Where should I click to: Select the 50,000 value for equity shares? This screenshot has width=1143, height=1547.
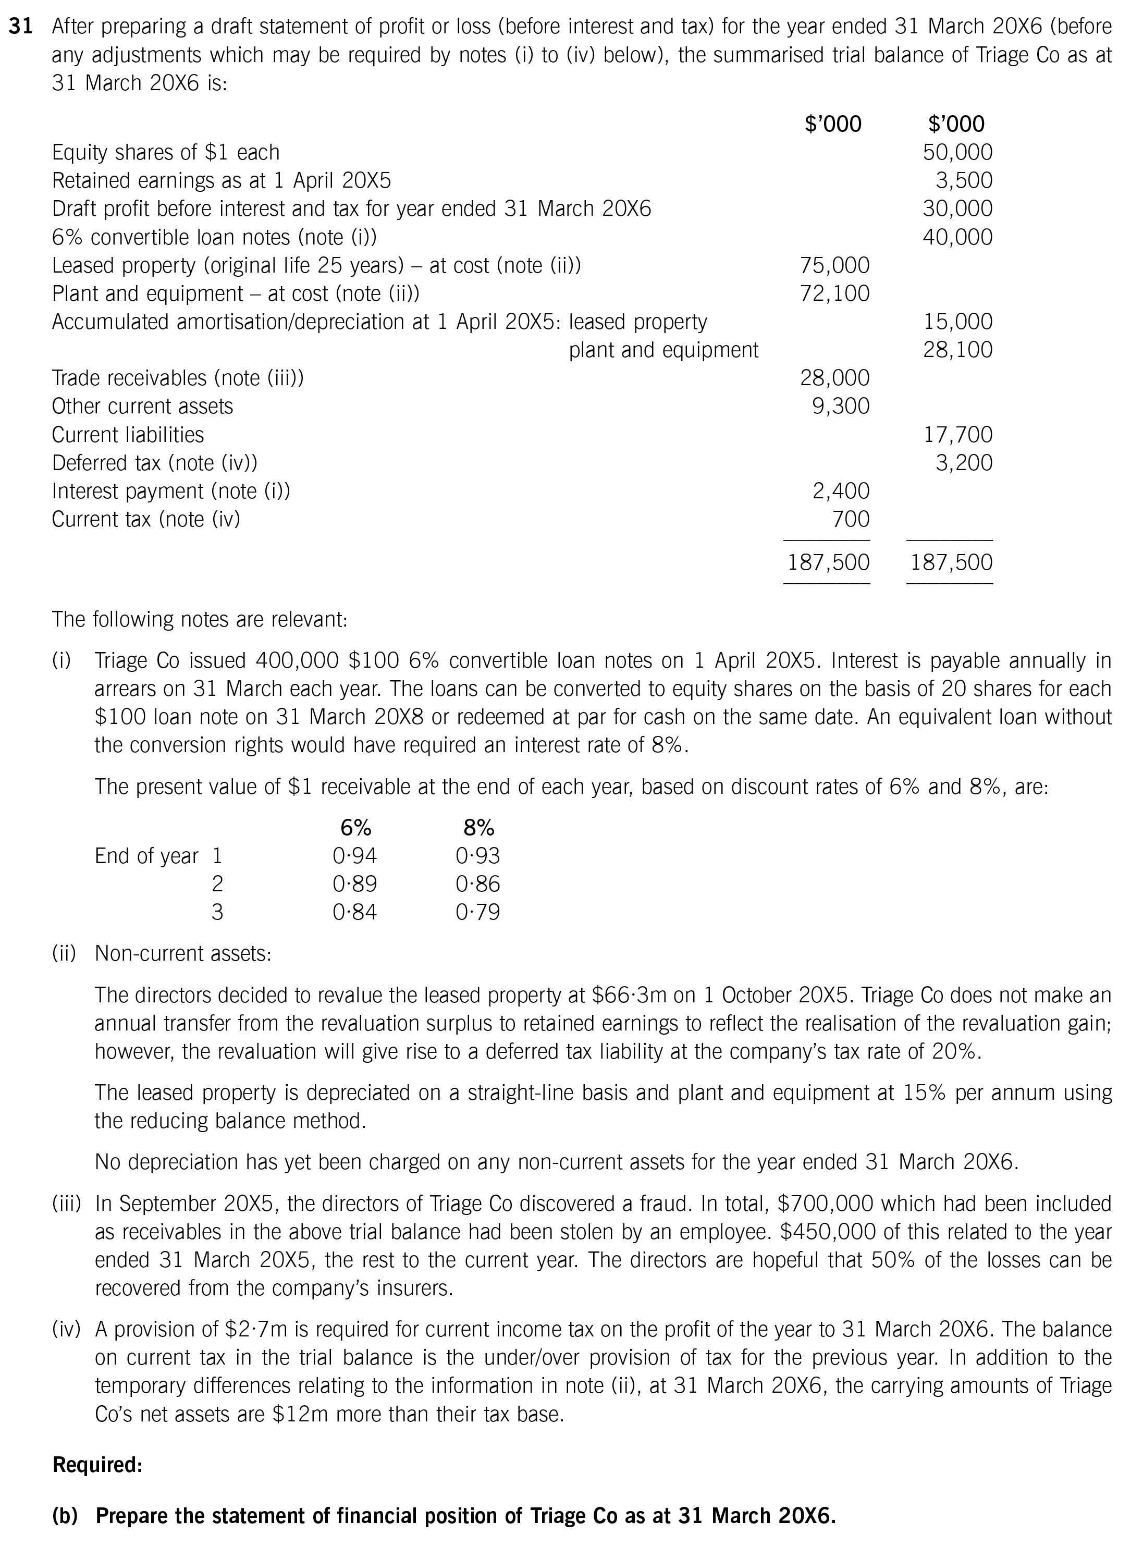tap(957, 152)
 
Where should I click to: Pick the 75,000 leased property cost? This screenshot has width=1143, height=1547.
tap(834, 265)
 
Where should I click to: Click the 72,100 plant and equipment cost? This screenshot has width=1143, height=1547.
tap(834, 293)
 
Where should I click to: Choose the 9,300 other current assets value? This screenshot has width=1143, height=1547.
tap(841, 406)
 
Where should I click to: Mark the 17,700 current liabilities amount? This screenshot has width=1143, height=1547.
tap(957, 435)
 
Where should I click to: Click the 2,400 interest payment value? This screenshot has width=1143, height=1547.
tap(841, 491)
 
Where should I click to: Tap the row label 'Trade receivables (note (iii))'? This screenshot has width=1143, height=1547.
tap(178, 378)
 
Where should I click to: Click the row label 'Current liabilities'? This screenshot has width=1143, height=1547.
tap(128, 435)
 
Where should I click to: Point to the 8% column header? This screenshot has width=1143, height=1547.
tap(478, 828)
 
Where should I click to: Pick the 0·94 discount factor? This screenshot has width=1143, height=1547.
tap(354, 856)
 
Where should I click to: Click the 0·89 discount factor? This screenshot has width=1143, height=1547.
tap(354, 884)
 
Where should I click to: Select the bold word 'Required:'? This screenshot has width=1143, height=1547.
tap(97, 1465)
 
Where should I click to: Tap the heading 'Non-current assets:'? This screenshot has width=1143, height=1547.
tap(182, 953)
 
